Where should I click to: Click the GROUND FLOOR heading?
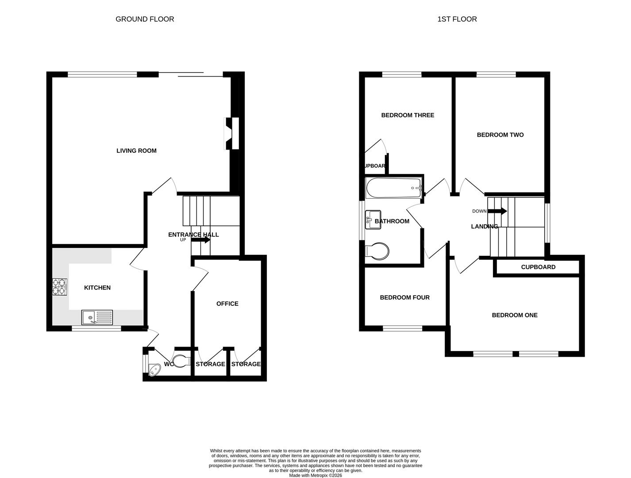tap(145, 19)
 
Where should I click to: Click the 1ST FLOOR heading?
tap(457, 19)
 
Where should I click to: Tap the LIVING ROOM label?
tap(136, 150)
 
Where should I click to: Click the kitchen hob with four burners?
tap(60, 286)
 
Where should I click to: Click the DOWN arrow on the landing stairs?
tap(497, 211)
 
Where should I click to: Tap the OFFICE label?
tap(227, 304)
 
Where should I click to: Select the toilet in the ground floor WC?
tap(181, 362)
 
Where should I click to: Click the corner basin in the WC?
tap(154, 369)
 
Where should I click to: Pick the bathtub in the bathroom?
tap(393, 188)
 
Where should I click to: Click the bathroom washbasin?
tap(373, 220)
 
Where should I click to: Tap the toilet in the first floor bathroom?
tap(377, 251)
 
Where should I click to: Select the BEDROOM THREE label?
tap(408, 115)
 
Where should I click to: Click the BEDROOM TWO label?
tap(500, 135)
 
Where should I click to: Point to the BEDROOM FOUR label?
tap(404, 297)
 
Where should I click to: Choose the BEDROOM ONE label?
tap(515, 315)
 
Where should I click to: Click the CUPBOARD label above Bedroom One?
tap(538, 267)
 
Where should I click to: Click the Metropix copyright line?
tap(315, 475)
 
